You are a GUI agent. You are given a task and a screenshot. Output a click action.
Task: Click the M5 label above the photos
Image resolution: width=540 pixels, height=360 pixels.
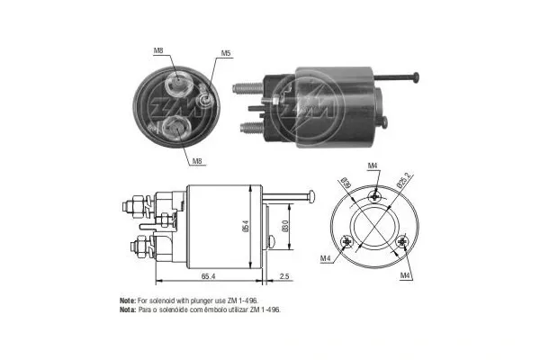point(227,53)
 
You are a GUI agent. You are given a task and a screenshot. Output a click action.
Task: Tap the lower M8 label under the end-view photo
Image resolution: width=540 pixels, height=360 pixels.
point(197,161)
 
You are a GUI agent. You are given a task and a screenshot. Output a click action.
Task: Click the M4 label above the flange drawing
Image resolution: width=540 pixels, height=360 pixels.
point(373,166)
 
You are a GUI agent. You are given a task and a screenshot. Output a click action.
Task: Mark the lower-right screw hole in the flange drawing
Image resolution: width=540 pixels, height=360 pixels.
point(401,240)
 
